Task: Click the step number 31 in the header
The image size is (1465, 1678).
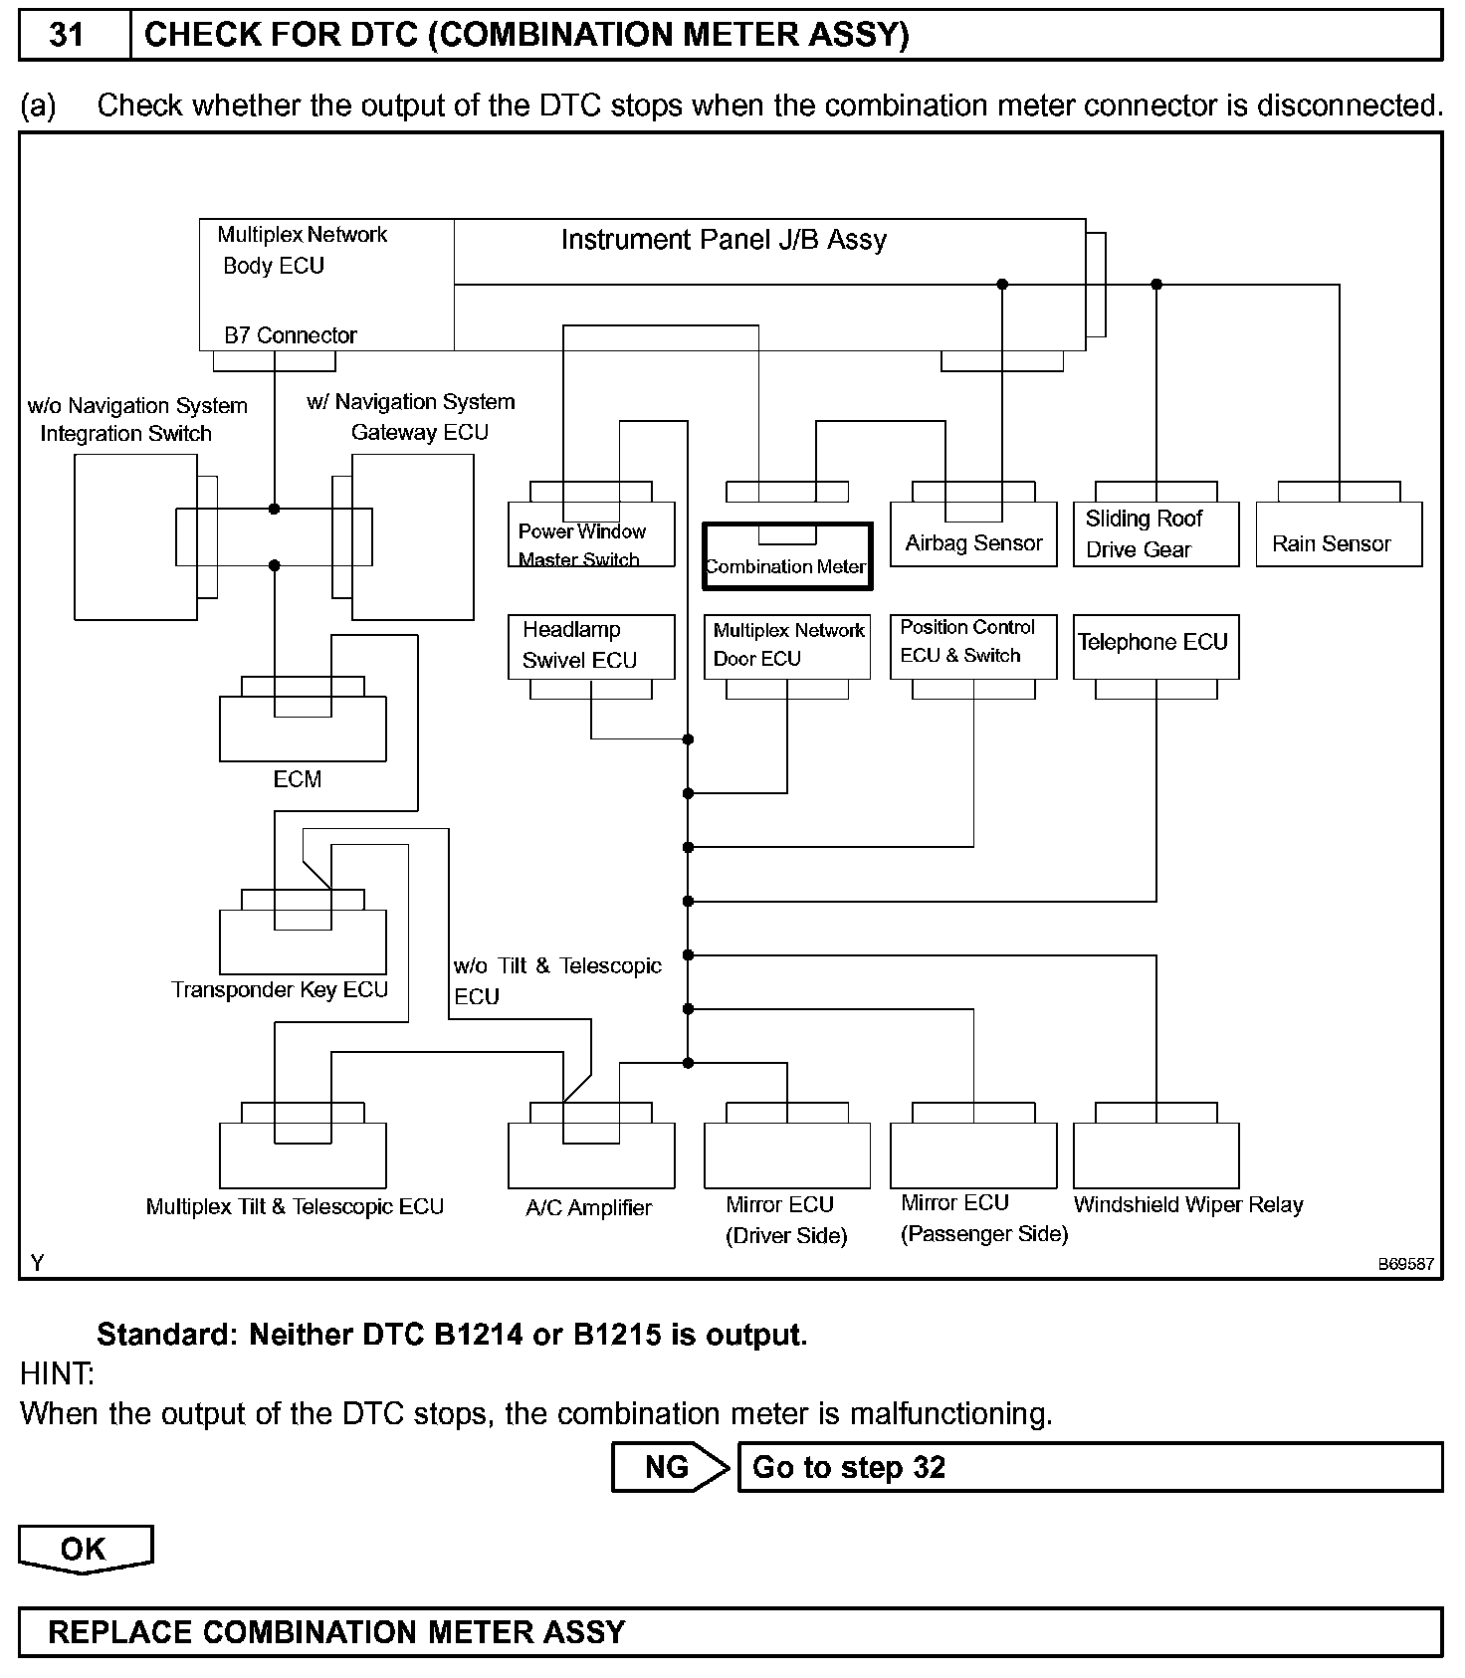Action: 67,36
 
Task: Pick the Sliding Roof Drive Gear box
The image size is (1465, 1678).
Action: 1154,534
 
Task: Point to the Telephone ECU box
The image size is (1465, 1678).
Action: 1154,646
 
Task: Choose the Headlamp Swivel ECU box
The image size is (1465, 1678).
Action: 590,646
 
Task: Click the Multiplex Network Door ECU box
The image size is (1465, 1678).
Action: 786,646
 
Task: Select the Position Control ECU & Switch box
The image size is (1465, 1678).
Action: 972,646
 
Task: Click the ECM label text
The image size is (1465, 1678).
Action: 297,779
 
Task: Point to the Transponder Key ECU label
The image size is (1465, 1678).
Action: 279,990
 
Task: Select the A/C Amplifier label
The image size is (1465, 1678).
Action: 588,1208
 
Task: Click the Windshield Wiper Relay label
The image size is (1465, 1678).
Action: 1187,1205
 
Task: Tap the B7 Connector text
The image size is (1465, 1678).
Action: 290,335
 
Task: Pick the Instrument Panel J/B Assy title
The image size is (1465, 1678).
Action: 724,240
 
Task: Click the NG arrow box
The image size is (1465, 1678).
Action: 669,1467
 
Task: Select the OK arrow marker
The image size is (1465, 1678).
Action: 85,1549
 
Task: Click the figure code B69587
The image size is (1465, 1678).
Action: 1404,1264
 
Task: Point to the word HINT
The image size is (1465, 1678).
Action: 57,1374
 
